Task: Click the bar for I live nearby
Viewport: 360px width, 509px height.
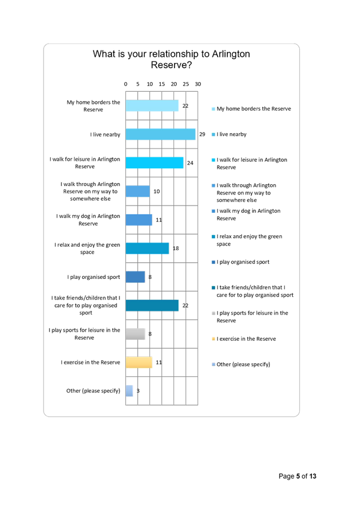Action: click(x=161, y=134)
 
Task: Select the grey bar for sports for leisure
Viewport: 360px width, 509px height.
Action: click(x=136, y=334)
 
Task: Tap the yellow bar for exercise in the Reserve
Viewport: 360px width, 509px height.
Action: click(x=139, y=362)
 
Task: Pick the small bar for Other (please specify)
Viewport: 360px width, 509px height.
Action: click(x=129, y=391)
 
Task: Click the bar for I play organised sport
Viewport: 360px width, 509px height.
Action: click(x=135, y=277)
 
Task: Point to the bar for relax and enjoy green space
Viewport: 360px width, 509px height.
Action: click(x=147, y=248)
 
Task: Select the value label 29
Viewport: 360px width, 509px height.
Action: click(x=202, y=134)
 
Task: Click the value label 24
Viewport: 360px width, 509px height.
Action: click(x=190, y=163)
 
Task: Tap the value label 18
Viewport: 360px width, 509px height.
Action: click(x=176, y=248)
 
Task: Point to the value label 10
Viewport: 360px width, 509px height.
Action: click(x=157, y=192)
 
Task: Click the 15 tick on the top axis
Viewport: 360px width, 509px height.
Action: click(x=162, y=84)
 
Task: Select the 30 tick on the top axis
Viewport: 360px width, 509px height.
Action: click(x=198, y=84)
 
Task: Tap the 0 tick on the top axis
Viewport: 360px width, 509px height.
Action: click(x=126, y=84)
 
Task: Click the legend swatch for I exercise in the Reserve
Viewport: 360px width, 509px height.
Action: click(x=214, y=339)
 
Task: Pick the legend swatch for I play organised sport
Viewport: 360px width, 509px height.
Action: click(x=214, y=262)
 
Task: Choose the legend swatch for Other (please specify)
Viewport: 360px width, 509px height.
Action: click(x=214, y=364)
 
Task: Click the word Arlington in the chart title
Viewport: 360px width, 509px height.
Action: click(x=231, y=54)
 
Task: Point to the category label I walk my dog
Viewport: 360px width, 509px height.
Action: click(x=88, y=220)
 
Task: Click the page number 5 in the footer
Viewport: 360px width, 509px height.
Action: click(x=298, y=476)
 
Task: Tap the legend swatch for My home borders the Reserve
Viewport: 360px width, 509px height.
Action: click(x=214, y=109)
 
